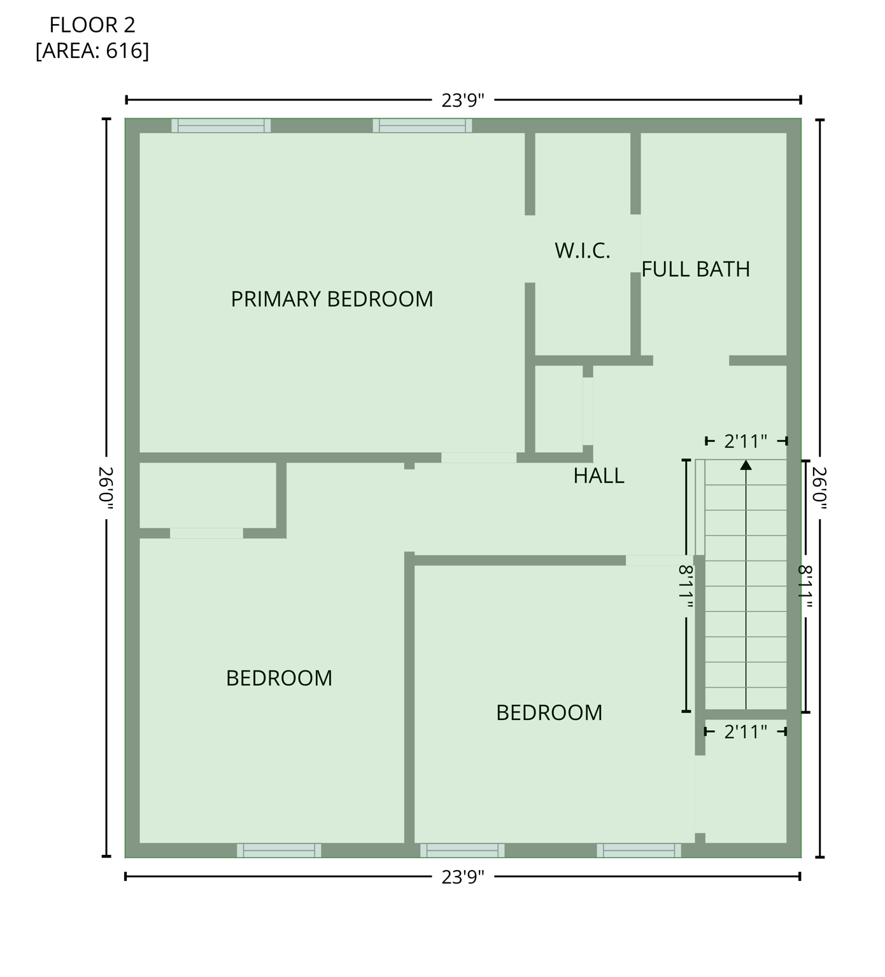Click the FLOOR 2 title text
point(92,25)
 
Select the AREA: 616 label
point(92,51)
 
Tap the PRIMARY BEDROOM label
point(332,299)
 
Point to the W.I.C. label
point(582,251)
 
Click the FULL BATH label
point(695,270)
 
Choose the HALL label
point(598,476)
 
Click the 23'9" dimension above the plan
point(463,100)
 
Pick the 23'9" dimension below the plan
point(463,877)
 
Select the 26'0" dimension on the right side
point(819,488)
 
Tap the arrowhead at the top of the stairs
point(746,466)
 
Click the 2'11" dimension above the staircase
point(746,441)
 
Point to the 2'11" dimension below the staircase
point(746,732)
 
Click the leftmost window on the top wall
point(221,126)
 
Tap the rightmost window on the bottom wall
point(639,850)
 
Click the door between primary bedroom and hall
point(479,458)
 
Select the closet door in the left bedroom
point(206,533)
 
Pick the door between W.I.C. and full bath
point(635,244)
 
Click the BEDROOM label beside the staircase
point(549,713)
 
